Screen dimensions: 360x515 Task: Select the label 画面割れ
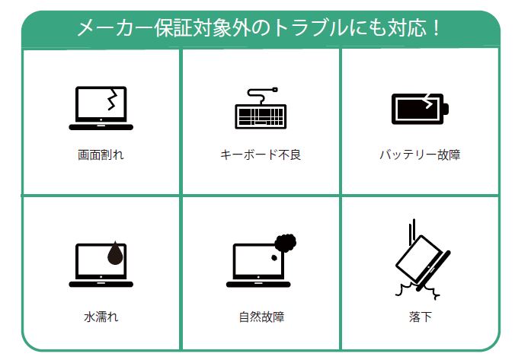click(x=101, y=155)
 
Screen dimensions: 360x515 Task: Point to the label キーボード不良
click(x=261, y=155)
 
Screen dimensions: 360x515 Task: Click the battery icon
click(x=419, y=109)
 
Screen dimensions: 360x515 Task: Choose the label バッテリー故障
click(x=420, y=155)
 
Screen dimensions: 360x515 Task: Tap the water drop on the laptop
click(x=114, y=253)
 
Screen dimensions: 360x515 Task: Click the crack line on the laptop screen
click(x=113, y=102)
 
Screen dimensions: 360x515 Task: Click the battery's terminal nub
click(x=447, y=109)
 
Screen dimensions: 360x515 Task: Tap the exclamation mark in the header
click(x=435, y=29)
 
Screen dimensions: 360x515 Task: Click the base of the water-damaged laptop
click(x=101, y=284)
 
